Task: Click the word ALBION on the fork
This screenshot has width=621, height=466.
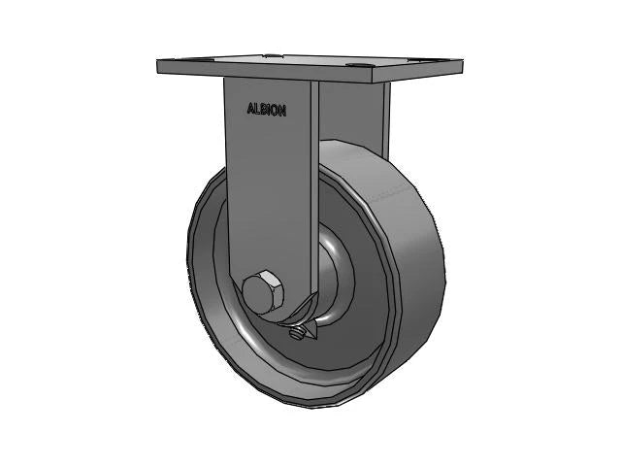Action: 267,110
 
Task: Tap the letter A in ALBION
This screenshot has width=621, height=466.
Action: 250,110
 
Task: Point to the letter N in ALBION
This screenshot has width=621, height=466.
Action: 282,110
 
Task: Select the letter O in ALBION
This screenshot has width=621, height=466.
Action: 276,110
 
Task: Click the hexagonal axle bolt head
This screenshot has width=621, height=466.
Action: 262,294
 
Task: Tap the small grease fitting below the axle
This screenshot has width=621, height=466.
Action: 301,334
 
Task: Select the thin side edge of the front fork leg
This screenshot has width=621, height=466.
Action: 314,194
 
